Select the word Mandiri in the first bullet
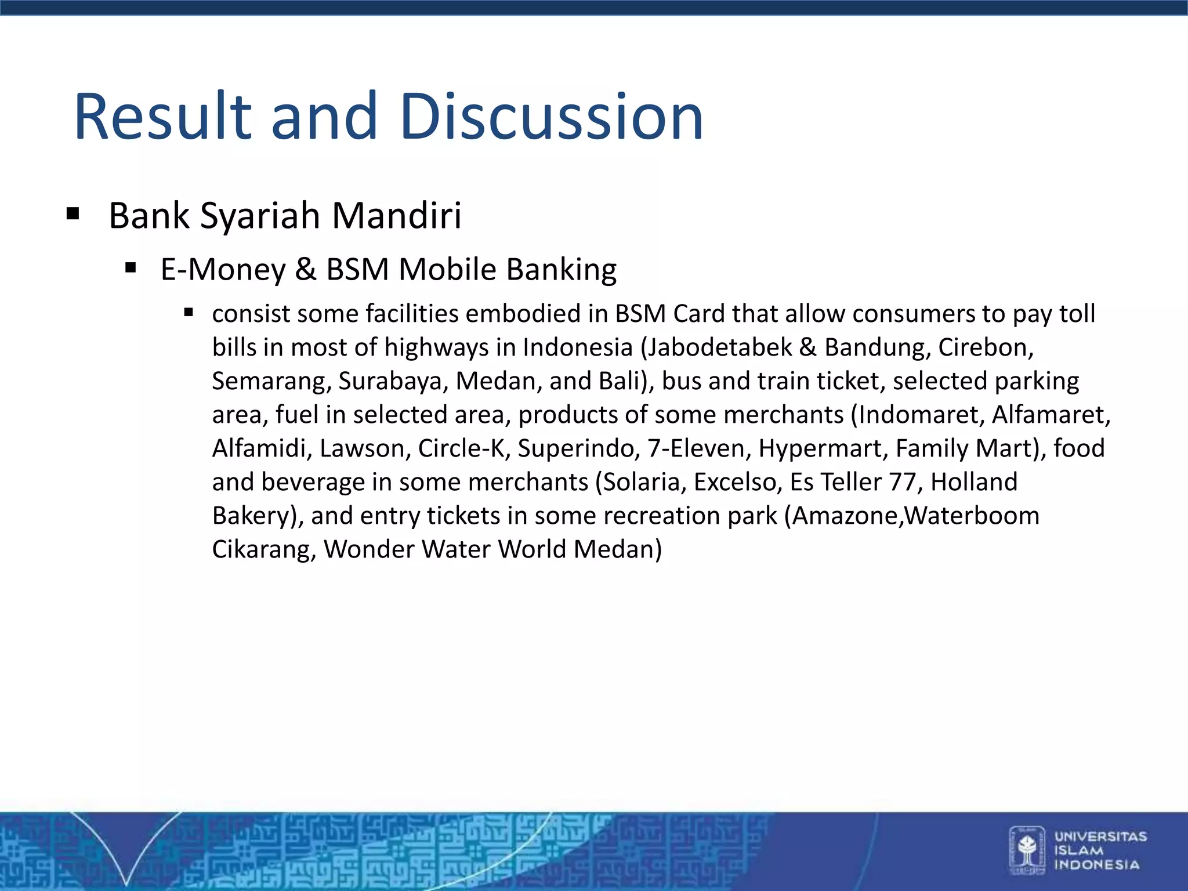pyautogui.click(x=397, y=215)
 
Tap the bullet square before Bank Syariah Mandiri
pyautogui.click(x=73, y=213)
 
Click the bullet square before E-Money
pyautogui.click(x=131, y=268)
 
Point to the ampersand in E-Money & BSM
pyautogui.click(x=306, y=270)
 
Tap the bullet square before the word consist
pyautogui.click(x=188, y=313)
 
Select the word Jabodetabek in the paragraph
pyautogui.click(x=719, y=347)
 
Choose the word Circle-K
pyautogui.click(x=463, y=448)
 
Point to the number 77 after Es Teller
pyautogui.click(x=902, y=482)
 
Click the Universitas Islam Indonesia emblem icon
pyautogui.click(x=1027, y=850)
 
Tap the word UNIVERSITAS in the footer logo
pyautogui.click(x=1100, y=836)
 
